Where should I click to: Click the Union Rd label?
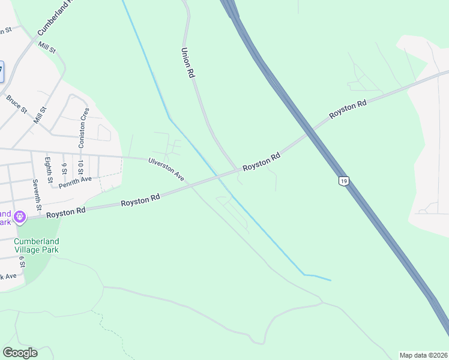pyautogui.click(x=188, y=63)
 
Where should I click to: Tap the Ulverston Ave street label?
pyautogui.click(x=166, y=169)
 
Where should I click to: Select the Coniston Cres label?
pyautogui.click(x=83, y=127)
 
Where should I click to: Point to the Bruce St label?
pyautogui.click(x=17, y=103)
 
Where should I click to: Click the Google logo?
pyautogui.click(x=20, y=353)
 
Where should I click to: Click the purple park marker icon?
pyautogui.click(x=20, y=215)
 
